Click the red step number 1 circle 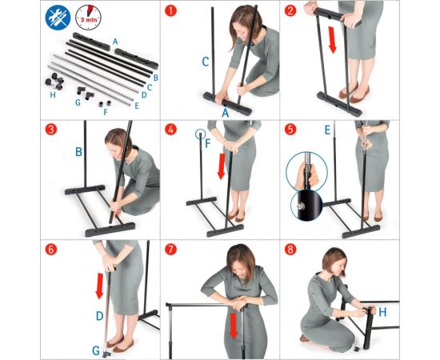pos(170,10)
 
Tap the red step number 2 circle pos(290,10)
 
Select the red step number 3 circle pos(50,130)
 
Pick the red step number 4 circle pos(170,130)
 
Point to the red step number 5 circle pos(290,130)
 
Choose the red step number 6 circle pos(50,249)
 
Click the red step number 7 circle pos(170,249)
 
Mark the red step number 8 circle pos(290,249)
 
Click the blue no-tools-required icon pos(58,18)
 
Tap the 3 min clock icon pos(88,18)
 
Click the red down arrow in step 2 pos(332,40)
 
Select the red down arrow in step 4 pos(222,166)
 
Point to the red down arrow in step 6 pos(100,286)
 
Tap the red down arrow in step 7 pos(234,326)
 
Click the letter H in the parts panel pos(53,95)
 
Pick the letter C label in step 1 pos(206,62)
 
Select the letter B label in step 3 pos(78,152)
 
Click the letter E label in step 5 pos(327,130)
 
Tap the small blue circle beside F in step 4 pos(200,134)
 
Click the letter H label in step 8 pos(382,312)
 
